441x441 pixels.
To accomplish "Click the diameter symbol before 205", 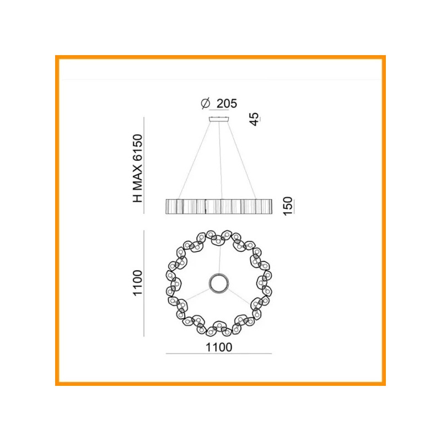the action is pos(206,103).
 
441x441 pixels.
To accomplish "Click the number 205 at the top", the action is pos(227,104).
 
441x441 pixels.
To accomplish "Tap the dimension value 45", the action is pos(254,119).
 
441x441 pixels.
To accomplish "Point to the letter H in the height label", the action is pos(138,198).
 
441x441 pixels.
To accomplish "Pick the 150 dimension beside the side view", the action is pos(287,206).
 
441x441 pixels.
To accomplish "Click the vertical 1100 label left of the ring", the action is pos(138,283).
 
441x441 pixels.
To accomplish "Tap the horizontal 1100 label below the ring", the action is pos(219,347).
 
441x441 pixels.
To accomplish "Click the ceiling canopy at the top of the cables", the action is pos(218,119).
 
